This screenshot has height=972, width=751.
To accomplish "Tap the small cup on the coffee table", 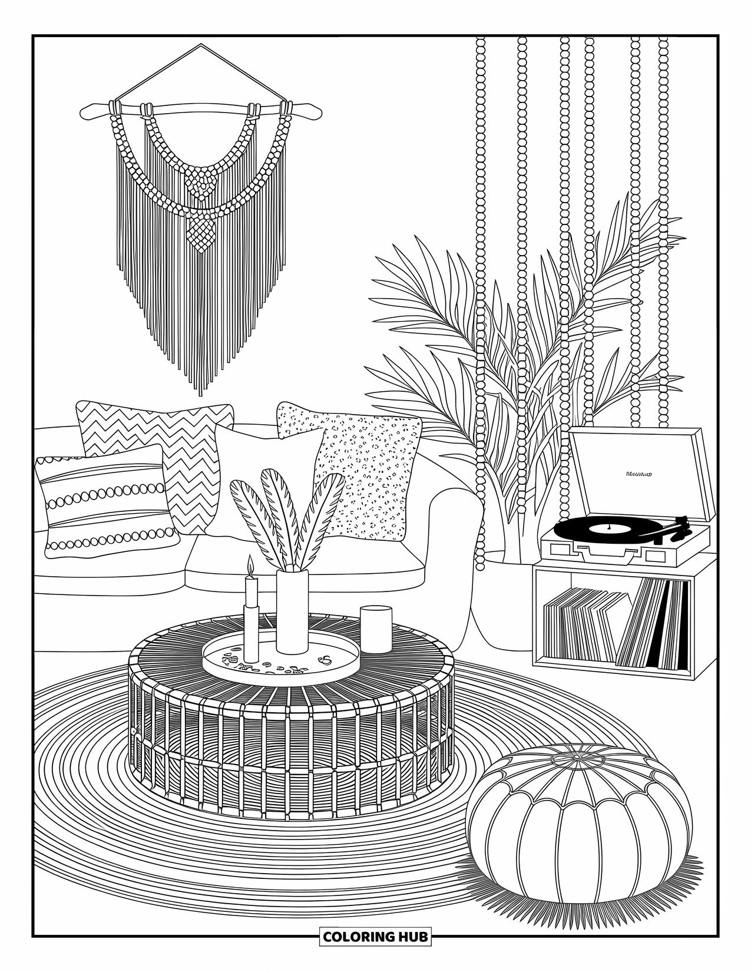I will pos(376,629).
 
